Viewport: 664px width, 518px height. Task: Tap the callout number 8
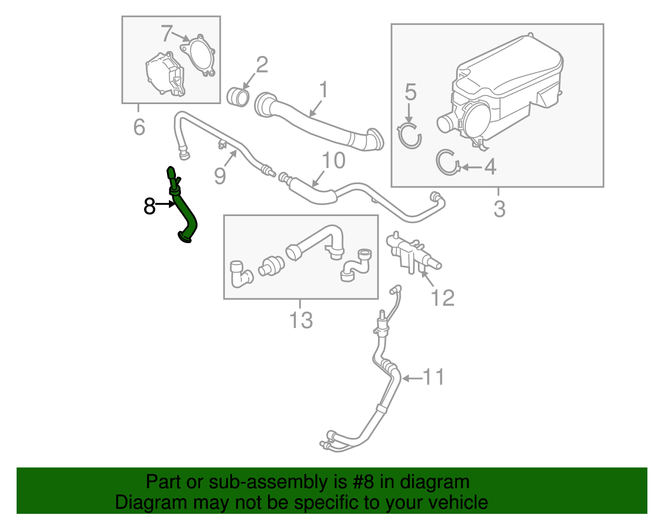149,206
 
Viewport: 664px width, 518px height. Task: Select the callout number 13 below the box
300,320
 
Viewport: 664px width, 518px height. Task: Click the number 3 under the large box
499,209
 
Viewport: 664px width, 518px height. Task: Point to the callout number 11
433,377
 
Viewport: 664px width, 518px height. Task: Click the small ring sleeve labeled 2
238,97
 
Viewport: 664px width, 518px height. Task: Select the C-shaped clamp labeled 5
409,135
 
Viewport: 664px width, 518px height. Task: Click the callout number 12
443,298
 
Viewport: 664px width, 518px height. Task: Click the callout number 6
139,127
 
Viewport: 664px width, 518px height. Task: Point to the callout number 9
220,176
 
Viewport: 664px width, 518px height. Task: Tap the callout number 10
333,161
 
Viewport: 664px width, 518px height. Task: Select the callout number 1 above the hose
324,90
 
